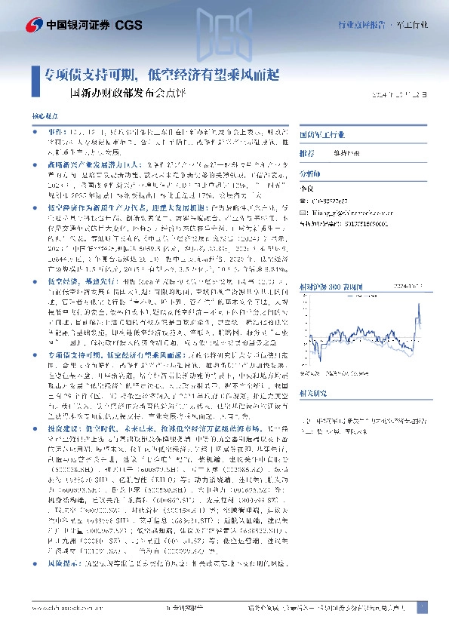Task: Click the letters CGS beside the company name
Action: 129,25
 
